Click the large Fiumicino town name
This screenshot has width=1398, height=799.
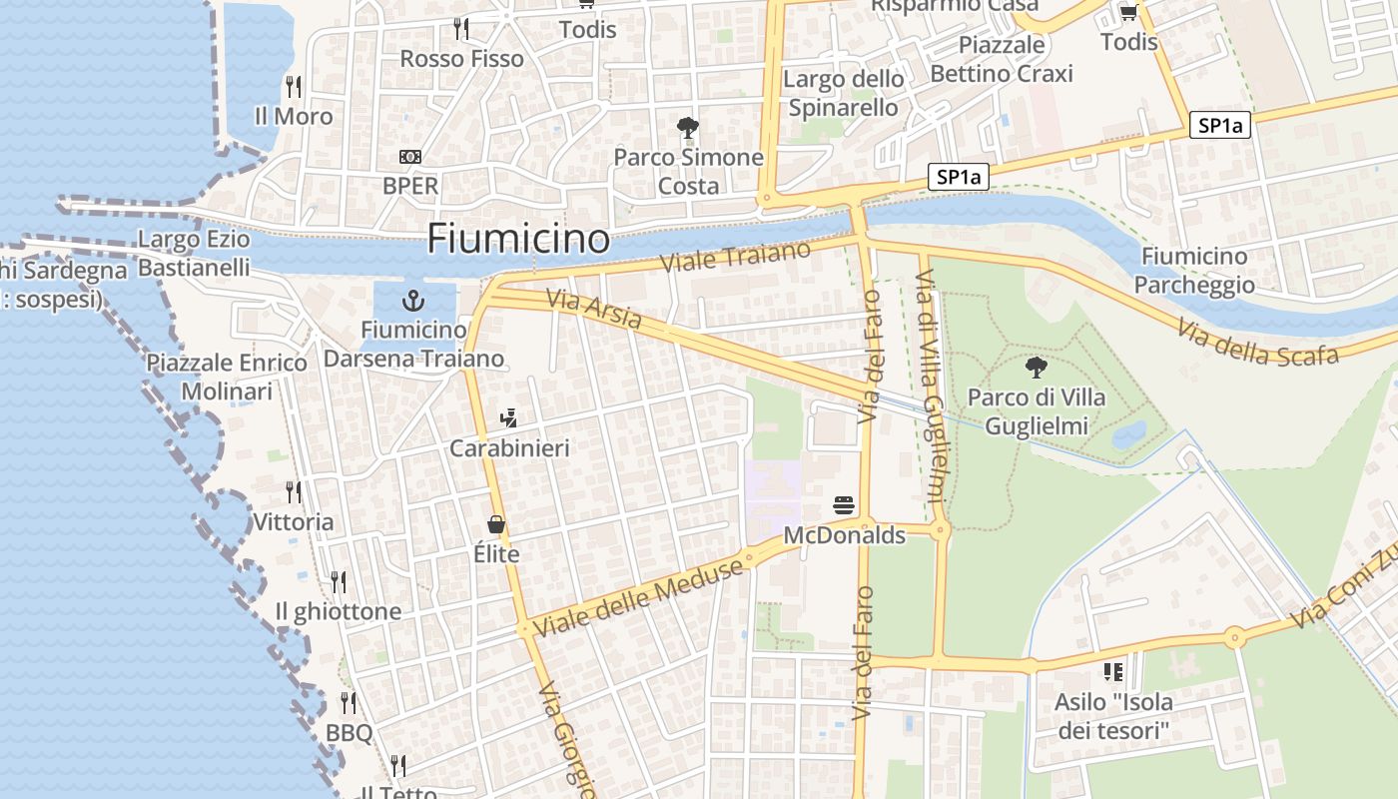click(518, 239)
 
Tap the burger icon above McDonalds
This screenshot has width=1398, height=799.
click(844, 505)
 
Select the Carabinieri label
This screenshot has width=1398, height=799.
click(509, 448)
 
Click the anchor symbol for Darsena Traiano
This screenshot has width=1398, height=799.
click(411, 300)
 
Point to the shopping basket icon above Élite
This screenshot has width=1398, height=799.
click(496, 524)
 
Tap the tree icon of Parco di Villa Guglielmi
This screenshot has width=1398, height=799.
click(1037, 368)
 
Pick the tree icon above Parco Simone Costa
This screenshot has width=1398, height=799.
click(687, 128)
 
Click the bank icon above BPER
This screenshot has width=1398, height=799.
click(409, 157)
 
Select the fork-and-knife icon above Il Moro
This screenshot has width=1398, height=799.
click(293, 87)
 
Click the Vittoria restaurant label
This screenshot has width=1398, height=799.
click(294, 522)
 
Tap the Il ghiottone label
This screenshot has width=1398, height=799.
click(339, 611)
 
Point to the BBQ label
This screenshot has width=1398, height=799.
click(349, 733)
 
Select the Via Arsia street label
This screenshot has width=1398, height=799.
click(594, 309)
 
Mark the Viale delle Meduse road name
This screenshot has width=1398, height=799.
click(639, 598)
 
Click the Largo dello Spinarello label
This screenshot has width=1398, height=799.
click(844, 93)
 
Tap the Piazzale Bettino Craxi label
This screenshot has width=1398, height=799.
click(1002, 59)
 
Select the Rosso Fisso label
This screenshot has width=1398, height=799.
click(461, 59)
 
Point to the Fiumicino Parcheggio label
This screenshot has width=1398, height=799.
click(1194, 271)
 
